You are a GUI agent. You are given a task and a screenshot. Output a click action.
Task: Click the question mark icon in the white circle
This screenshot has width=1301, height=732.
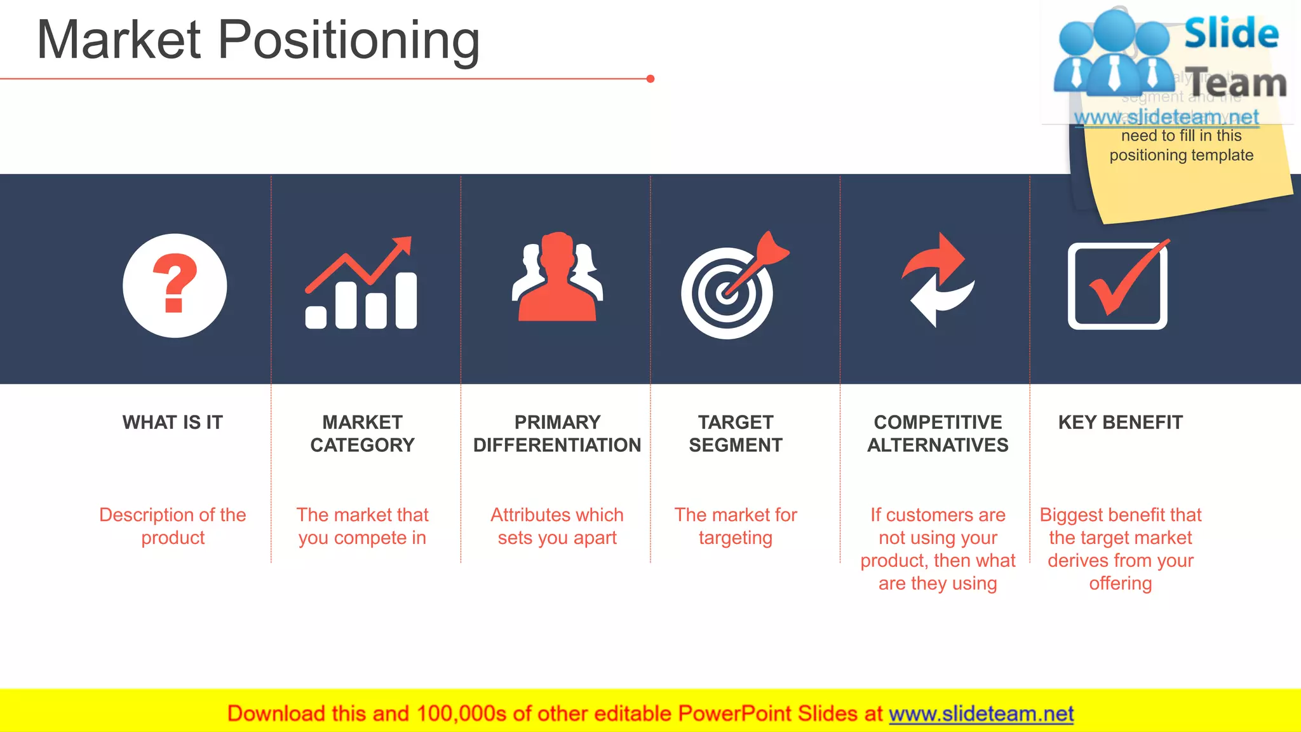(x=175, y=283)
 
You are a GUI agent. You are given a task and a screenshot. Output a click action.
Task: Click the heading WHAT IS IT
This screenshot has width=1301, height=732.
(x=173, y=423)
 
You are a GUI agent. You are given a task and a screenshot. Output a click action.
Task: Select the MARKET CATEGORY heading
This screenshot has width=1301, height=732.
(x=362, y=433)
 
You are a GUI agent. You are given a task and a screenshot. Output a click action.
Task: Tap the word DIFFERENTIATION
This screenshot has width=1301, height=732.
(x=557, y=445)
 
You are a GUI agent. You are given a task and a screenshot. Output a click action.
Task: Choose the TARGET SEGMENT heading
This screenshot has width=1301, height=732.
(x=736, y=433)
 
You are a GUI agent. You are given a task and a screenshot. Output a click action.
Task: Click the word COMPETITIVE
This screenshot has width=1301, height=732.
(x=938, y=423)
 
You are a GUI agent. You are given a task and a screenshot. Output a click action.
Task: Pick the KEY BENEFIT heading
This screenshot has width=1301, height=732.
(x=1120, y=423)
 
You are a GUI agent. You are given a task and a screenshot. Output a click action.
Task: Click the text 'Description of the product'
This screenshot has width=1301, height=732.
(x=173, y=526)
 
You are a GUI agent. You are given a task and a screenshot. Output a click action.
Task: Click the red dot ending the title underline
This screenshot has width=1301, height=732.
(x=650, y=79)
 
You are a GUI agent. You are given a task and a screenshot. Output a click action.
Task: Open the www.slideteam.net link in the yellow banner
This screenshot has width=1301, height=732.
(x=981, y=714)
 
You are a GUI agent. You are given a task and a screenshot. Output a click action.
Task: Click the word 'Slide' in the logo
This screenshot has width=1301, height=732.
(x=1230, y=33)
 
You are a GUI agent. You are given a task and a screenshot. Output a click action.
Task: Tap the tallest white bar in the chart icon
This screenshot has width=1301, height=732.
(x=406, y=301)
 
